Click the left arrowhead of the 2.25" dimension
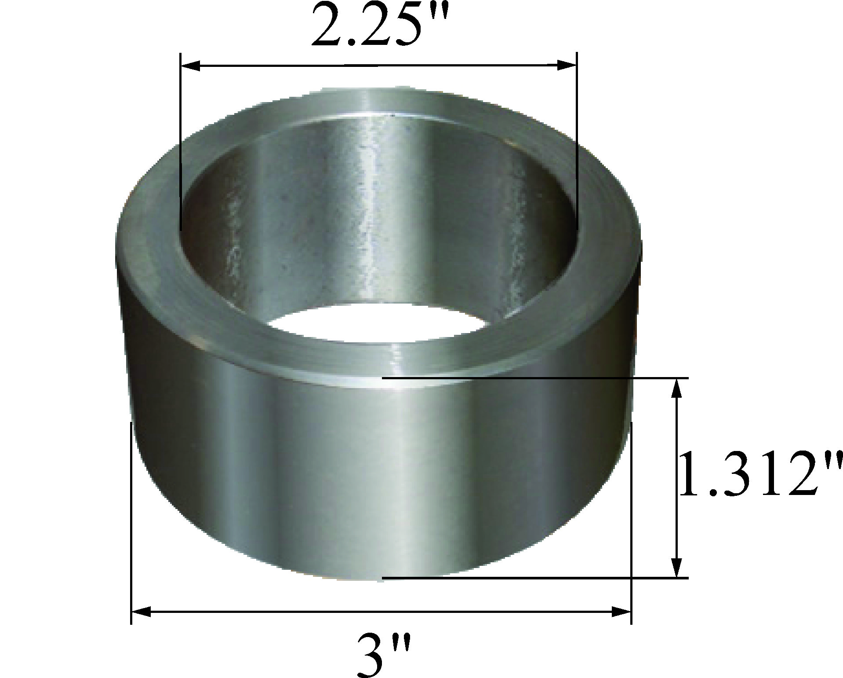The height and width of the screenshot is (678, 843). (192, 66)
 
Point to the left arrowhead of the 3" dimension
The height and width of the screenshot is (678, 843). (142, 612)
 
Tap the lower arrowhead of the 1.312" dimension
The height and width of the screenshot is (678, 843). (676, 568)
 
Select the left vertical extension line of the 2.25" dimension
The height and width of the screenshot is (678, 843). (181, 145)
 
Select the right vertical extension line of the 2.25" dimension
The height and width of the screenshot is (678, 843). (577, 145)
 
